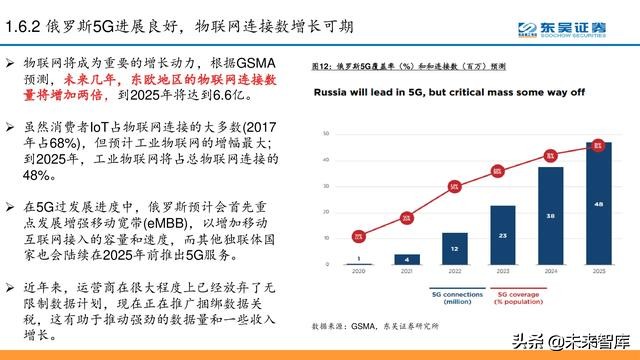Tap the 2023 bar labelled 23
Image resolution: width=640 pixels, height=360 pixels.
click(503, 235)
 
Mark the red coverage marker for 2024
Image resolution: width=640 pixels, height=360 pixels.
click(549, 155)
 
